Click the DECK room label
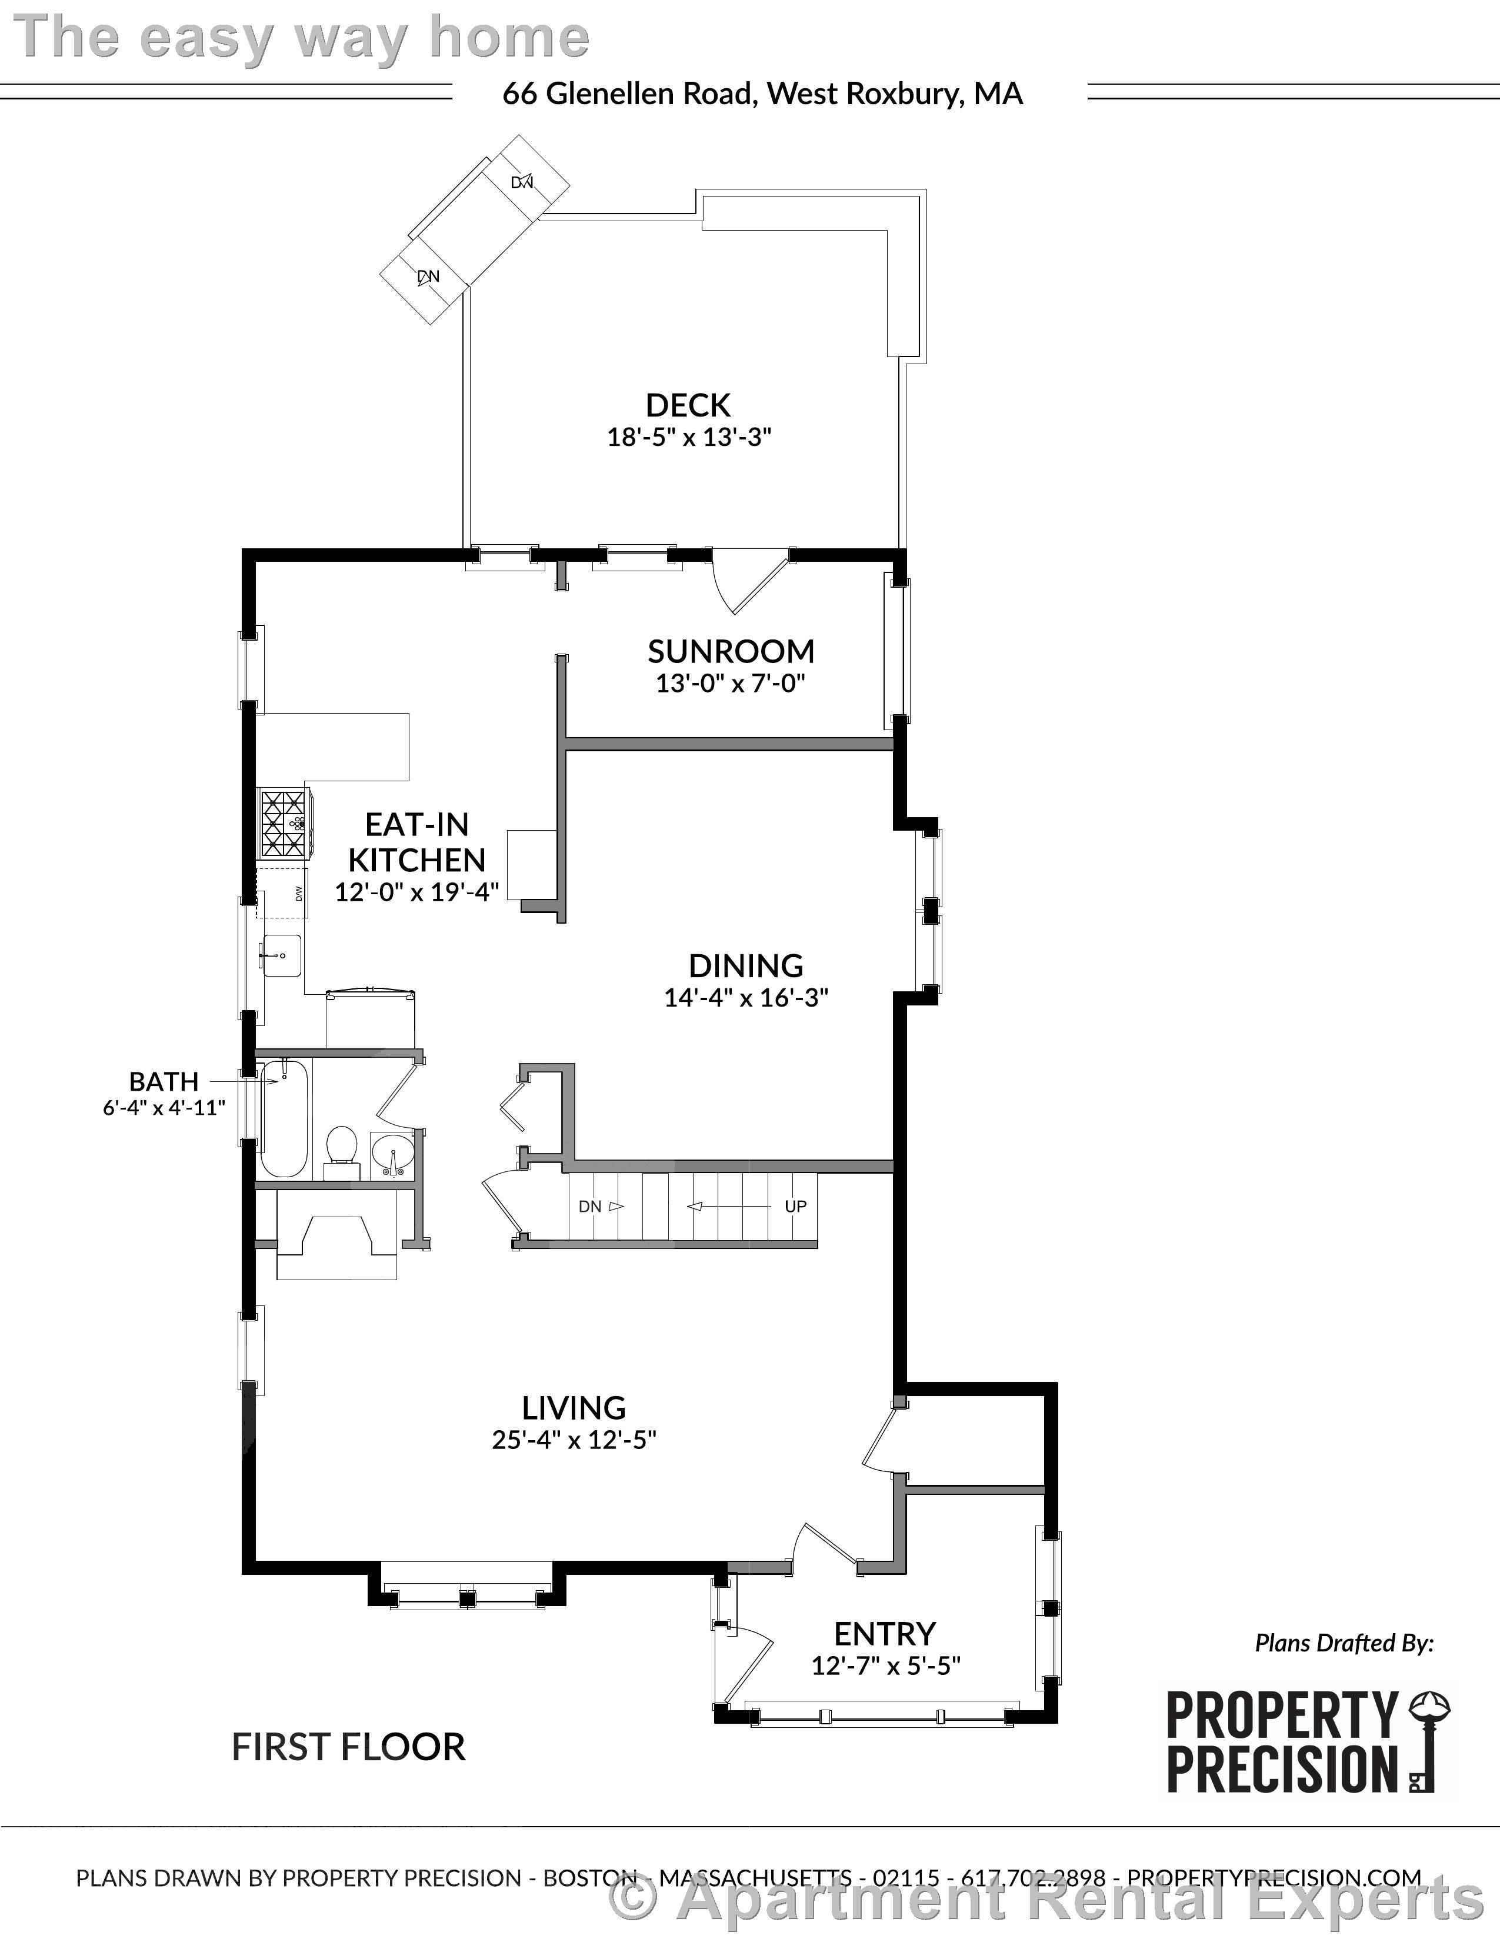click(687, 405)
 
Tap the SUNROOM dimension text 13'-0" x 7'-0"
click(730, 684)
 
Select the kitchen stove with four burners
click(284, 824)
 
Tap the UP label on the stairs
click(795, 1207)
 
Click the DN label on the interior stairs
click(591, 1207)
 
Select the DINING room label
click(745, 965)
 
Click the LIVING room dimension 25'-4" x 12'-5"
click(574, 1440)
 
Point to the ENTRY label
click(885, 1634)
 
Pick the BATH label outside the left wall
click(164, 1081)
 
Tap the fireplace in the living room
click(336, 1236)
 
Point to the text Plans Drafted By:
click(1344, 1643)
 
